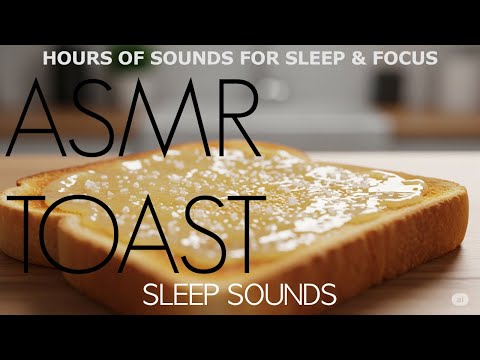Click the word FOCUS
[401, 58]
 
